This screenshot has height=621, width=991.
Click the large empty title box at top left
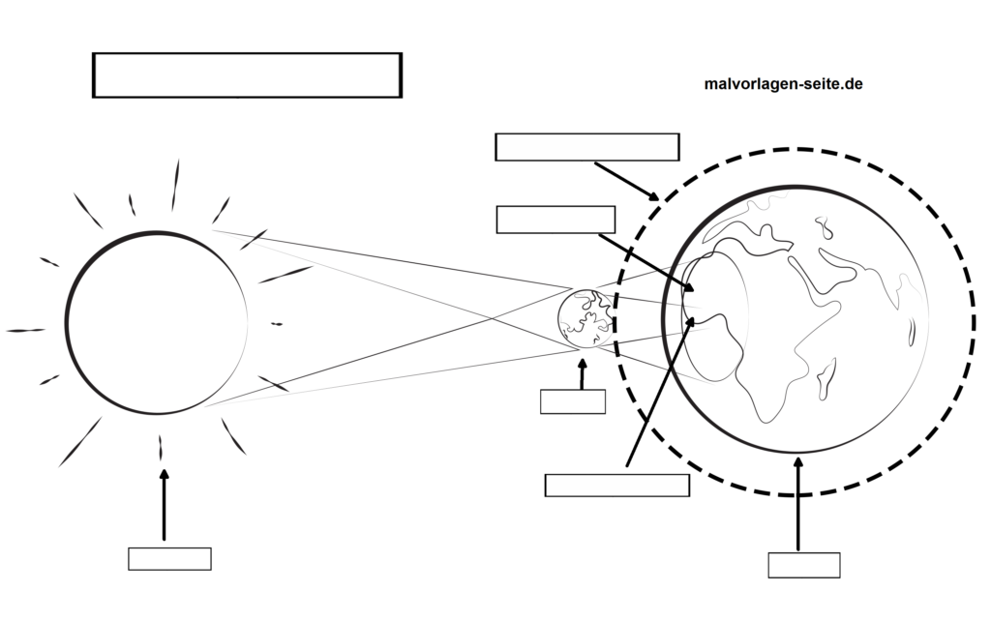point(247,75)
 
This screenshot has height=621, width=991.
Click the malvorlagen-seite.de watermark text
point(783,84)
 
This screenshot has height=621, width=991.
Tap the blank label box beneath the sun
point(169,558)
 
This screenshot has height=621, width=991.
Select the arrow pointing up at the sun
point(164,504)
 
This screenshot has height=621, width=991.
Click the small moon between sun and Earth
point(585,316)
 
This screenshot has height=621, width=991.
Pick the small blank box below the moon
point(573,401)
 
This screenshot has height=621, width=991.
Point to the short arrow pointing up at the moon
point(582,374)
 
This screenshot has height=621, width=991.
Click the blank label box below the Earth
point(804,565)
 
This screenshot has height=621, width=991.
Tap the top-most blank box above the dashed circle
point(586,147)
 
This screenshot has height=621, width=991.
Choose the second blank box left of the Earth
point(556,220)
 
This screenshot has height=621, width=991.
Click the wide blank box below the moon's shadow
point(617,485)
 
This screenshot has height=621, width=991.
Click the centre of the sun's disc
point(156,323)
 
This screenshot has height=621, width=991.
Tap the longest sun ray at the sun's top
point(176,185)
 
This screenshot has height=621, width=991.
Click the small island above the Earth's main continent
point(825,228)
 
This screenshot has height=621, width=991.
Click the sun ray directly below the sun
point(161,448)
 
